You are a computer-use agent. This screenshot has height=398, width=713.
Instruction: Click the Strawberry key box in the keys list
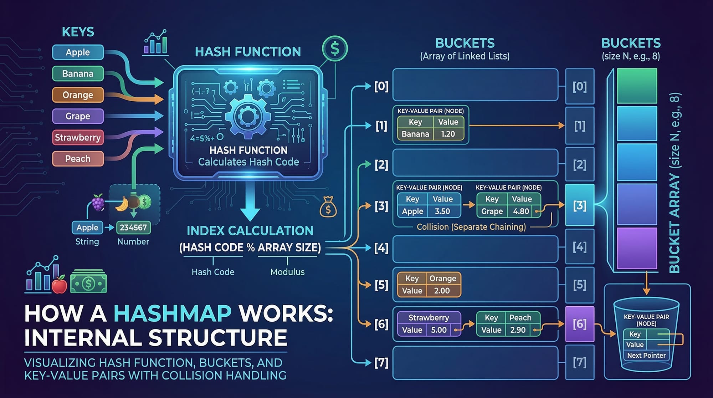coord(78,137)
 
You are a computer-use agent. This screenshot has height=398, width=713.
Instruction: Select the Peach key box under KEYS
coord(78,159)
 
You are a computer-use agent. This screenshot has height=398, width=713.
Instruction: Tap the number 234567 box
coord(133,228)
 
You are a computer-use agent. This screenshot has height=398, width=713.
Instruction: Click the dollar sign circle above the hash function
coord(335,49)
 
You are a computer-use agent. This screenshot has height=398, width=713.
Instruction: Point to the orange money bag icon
coord(328,208)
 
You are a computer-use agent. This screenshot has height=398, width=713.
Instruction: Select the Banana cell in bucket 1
coord(415,134)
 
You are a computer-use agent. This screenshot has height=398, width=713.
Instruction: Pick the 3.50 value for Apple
coord(442,211)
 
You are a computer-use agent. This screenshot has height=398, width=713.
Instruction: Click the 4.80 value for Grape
coord(521,211)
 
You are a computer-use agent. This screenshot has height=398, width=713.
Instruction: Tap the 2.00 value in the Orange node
coord(442,291)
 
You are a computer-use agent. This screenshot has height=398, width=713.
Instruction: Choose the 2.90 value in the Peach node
coord(518,330)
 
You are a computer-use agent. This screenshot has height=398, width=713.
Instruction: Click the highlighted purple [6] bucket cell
coord(580,324)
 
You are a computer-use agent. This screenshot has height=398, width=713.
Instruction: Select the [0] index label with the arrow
coord(381,86)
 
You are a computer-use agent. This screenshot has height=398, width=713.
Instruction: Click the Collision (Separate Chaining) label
coord(471,227)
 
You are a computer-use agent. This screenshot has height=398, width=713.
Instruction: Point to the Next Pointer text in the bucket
coord(646,355)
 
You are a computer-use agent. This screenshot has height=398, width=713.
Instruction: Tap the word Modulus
coord(287,272)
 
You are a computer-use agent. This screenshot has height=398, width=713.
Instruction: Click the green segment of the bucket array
coord(637,86)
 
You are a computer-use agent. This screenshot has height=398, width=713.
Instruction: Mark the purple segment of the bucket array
coord(637,248)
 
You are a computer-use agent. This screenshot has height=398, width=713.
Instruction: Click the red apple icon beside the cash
coord(60,285)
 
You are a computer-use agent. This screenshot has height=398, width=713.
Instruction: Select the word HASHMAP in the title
coord(173,313)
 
